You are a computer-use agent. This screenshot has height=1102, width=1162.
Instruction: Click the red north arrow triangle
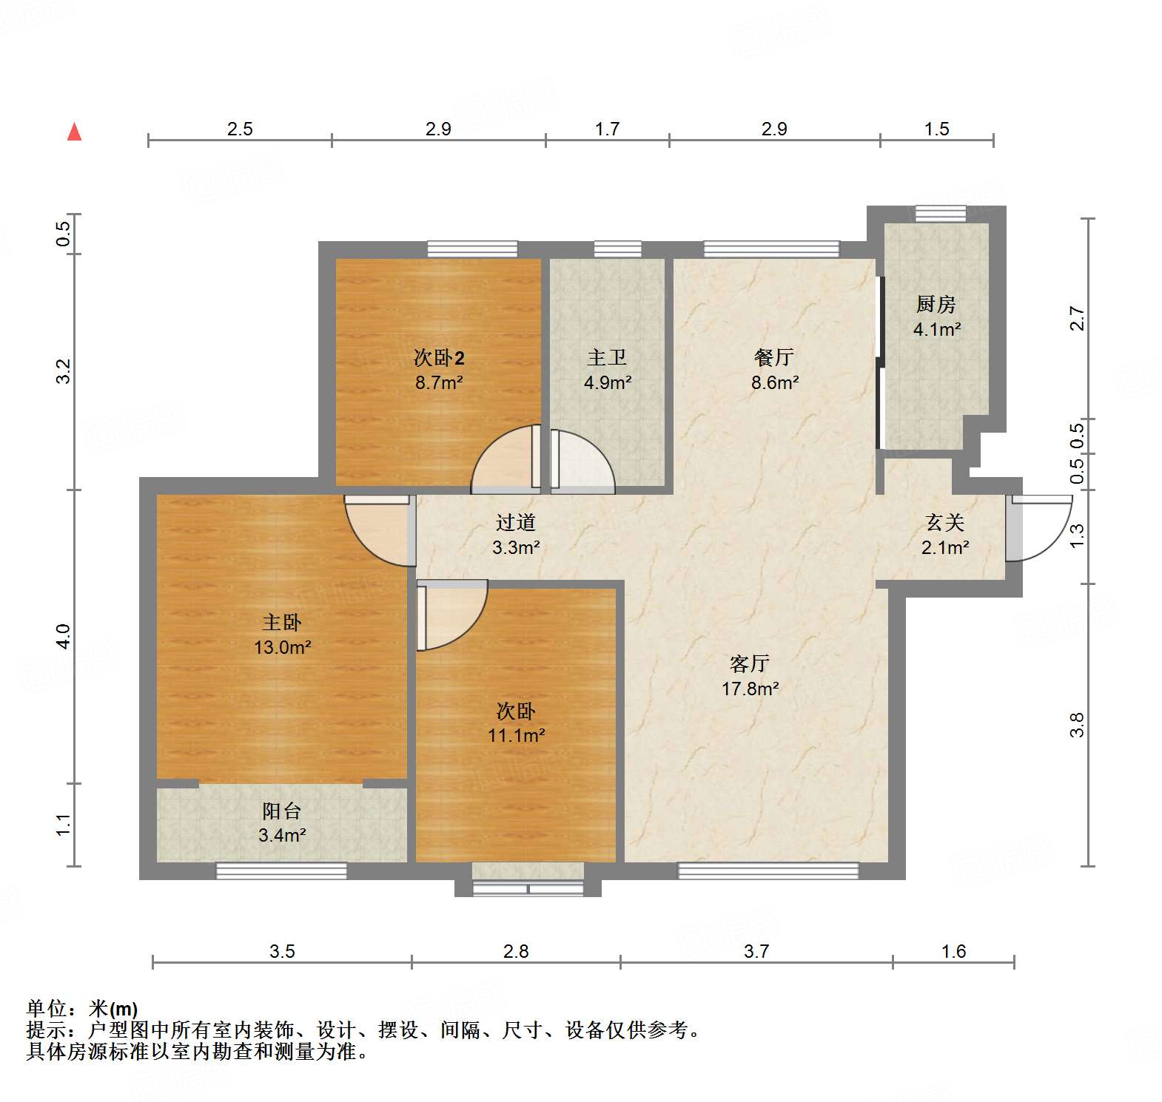click(x=74, y=132)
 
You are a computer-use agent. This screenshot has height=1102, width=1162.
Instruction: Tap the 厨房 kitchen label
click(x=936, y=304)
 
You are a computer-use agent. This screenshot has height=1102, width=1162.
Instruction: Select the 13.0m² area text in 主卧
click(x=282, y=648)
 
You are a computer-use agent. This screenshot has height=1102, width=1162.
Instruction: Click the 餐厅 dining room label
click(x=773, y=358)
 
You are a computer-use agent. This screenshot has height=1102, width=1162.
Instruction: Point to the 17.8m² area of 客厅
click(x=750, y=689)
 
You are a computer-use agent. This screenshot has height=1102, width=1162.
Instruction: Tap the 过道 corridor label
click(x=515, y=523)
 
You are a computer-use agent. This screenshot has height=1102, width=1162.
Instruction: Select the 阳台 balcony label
click(x=281, y=811)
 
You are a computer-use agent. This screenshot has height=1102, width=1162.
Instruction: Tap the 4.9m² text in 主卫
click(x=607, y=383)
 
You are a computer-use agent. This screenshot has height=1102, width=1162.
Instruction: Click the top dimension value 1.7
click(x=607, y=129)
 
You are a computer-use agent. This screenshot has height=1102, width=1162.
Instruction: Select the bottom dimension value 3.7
click(x=756, y=951)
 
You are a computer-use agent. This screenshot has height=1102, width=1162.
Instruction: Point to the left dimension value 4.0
click(x=64, y=637)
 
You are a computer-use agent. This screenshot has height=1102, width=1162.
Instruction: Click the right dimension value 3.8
click(x=1077, y=724)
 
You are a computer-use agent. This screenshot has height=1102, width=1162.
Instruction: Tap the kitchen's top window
click(x=940, y=214)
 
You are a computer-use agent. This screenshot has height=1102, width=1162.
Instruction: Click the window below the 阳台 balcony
click(x=281, y=871)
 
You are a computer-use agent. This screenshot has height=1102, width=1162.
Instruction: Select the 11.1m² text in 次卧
click(x=516, y=736)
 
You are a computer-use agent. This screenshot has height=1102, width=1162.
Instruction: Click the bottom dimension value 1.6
click(x=953, y=951)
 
